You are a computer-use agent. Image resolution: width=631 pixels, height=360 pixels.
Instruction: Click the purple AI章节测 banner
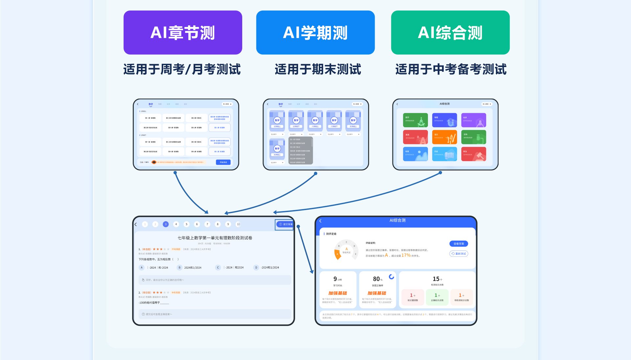coord(183,33)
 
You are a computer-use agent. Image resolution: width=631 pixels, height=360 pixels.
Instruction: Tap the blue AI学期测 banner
coord(315,33)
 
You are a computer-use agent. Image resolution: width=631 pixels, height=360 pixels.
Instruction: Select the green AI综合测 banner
coord(450,33)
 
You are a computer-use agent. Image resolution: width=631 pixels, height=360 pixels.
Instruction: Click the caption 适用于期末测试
coord(318,69)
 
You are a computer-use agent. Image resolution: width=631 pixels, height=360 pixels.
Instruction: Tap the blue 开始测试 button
coord(223,162)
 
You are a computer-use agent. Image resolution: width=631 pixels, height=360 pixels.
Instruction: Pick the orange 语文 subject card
coord(444,137)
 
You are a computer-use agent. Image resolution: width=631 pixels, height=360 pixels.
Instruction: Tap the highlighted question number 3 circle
coord(166,224)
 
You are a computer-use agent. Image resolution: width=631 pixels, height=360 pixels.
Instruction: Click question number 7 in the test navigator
coord(207,224)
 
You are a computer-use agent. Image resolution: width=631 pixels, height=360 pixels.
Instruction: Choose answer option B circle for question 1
coord(179,268)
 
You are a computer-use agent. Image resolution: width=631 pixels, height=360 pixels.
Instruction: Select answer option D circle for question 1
coord(256,268)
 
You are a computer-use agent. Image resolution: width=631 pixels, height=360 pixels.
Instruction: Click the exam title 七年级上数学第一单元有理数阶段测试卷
coord(215,238)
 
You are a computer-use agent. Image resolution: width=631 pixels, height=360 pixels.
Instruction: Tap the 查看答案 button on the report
coord(458,244)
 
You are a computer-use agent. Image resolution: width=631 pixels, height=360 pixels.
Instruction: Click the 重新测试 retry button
coord(458,253)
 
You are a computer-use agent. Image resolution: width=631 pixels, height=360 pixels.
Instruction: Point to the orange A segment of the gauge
coord(337,255)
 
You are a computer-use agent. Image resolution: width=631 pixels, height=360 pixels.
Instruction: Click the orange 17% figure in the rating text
coord(406,255)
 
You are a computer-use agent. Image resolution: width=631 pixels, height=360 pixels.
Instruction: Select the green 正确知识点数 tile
coord(437,297)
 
